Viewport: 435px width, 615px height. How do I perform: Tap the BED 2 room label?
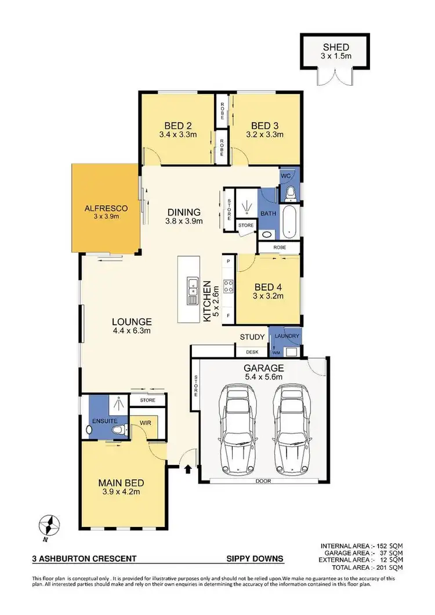pyautogui.click(x=177, y=126)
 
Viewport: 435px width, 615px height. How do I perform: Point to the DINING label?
pyautogui.click(x=183, y=212)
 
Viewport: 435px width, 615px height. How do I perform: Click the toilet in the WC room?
pyautogui.click(x=291, y=191)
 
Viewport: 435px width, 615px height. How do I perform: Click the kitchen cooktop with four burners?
pyautogui.click(x=229, y=285)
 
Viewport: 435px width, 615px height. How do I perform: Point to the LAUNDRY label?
pyautogui.click(x=287, y=336)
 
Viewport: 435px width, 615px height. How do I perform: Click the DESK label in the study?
pyautogui.click(x=252, y=351)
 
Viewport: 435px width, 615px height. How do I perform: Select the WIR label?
pyautogui.click(x=144, y=423)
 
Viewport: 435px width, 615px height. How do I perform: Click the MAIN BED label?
pyautogui.click(x=121, y=482)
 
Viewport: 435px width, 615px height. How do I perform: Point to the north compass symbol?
pyautogui.click(x=50, y=526)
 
